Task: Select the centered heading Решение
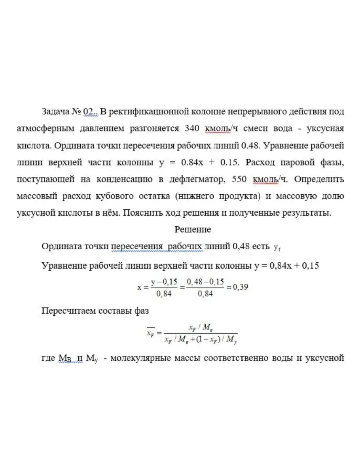point(193,229)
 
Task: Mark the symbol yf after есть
point(277,247)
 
